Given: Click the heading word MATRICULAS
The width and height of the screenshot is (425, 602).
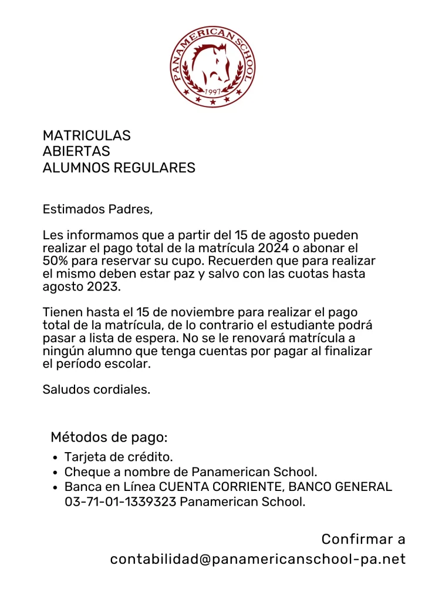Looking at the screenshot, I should click(87, 136).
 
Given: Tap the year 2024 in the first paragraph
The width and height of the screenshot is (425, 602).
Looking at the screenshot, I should click(276, 248).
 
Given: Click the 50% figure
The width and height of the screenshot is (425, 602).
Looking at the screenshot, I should click(56, 260).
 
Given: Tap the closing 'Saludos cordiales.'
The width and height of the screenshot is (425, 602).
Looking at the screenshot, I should click(97, 389).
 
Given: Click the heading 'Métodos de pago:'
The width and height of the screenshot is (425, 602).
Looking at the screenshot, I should click(109, 437).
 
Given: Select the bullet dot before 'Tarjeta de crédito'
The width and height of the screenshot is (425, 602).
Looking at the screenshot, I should click(55, 457).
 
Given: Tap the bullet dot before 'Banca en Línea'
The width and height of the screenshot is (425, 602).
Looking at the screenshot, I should click(55, 487).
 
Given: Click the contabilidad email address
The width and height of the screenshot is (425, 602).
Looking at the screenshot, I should click(258, 559).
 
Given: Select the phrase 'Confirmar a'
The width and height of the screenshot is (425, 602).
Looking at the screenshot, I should click(363, 539).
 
